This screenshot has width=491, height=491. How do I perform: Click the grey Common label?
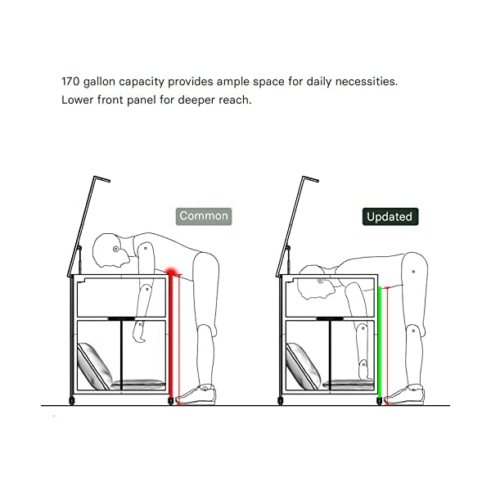pyautogui.click(x=205, y=216)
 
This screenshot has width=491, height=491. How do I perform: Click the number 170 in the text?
pyautogui.click(x=72, y=83)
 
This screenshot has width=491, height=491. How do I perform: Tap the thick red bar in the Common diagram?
pyautogui.click(x=171, y=336)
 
